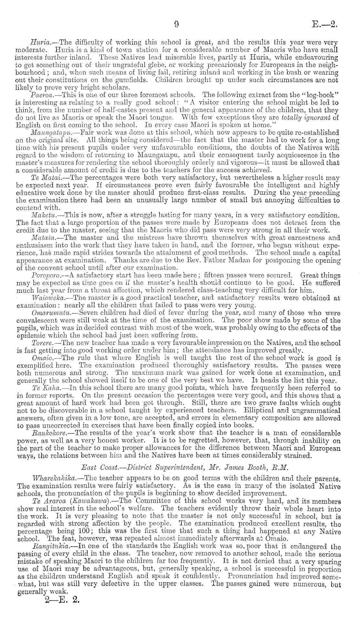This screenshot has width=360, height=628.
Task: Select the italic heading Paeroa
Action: (x=41, y=96)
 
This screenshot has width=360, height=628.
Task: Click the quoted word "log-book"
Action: (x=320, y=96)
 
